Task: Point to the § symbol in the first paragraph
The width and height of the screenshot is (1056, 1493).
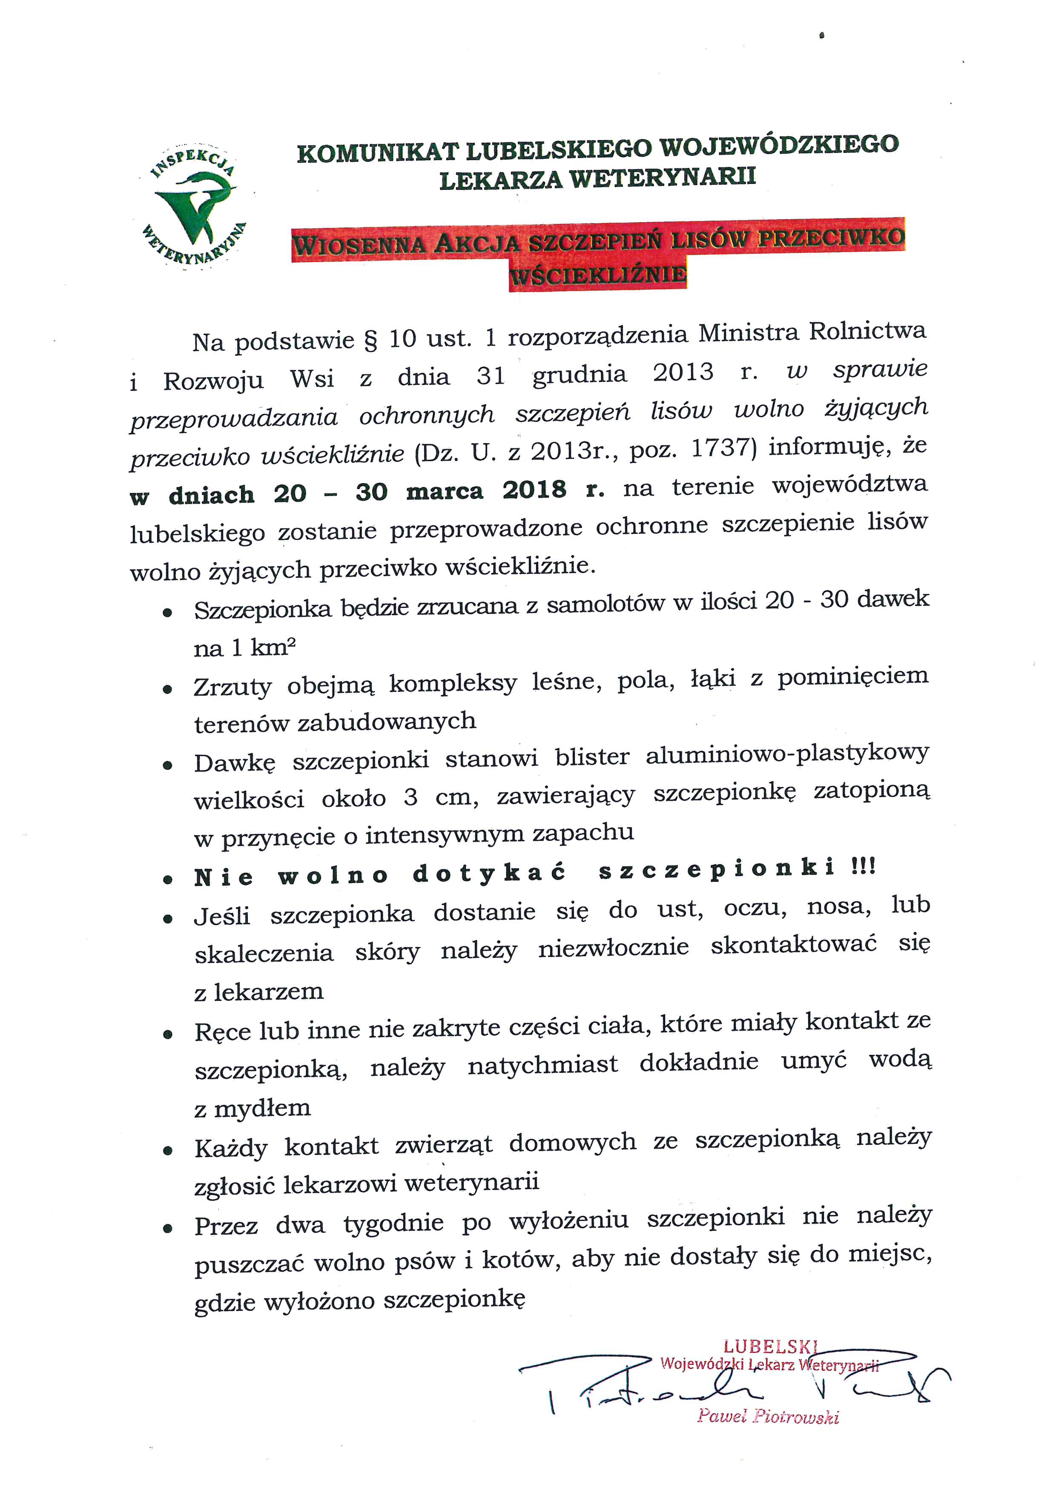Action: tap(370, 341)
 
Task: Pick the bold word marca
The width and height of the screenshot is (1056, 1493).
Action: tap(445, 492)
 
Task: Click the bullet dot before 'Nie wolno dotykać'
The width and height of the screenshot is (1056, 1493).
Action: tap(168, 880)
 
